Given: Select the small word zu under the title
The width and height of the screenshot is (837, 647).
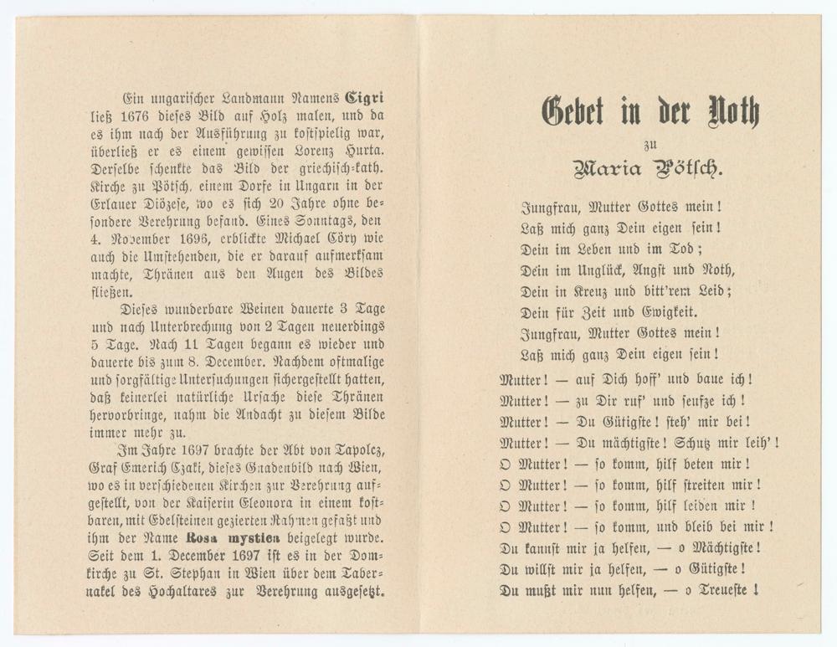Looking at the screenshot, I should coord(650,142).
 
